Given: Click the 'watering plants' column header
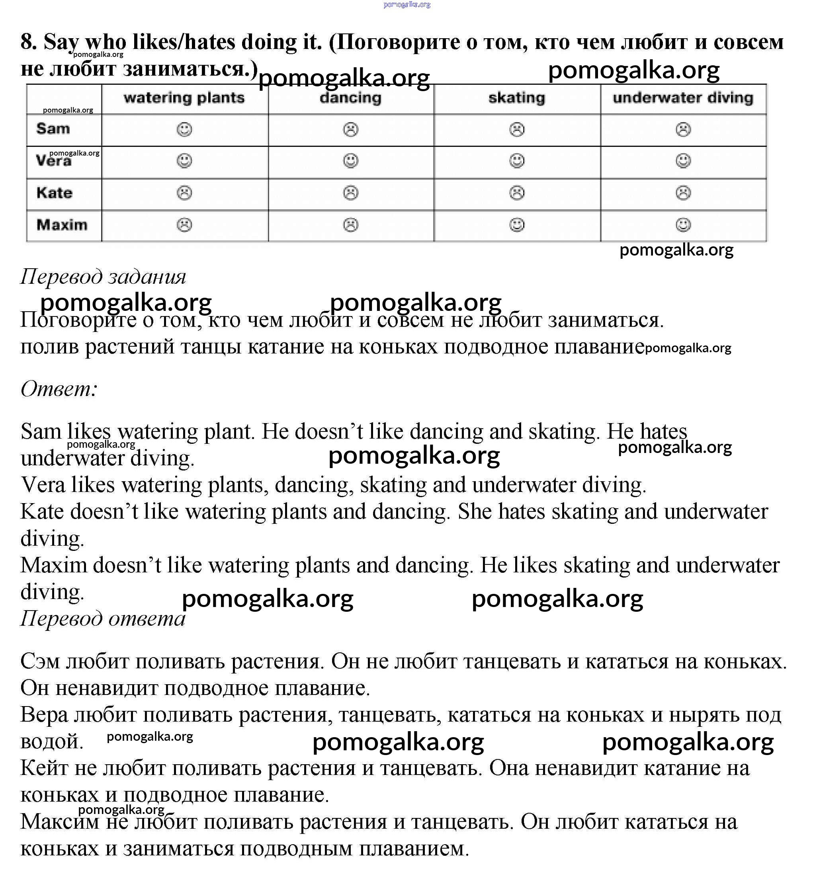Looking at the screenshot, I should point(184,98).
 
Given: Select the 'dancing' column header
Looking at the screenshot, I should point(351,98).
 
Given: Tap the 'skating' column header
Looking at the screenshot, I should point(517,98).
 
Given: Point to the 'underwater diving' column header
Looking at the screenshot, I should point(683,98).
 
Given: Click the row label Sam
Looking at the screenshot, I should point(53,129).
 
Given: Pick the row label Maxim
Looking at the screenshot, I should point(62,225).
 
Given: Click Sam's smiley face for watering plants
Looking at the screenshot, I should point(184,129).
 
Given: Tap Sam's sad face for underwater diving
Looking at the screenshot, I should point(683,129).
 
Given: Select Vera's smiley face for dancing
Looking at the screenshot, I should point(351,161).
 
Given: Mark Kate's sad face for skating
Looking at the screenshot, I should point(517,193).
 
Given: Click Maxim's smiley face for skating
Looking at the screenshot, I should point(517,225).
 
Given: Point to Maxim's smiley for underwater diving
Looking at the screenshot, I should point(683,225).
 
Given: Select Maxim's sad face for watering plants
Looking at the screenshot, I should point(184,225).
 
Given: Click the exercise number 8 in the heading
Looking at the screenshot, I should point(28,42).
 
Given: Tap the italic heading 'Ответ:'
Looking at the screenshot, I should point(59,389).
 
